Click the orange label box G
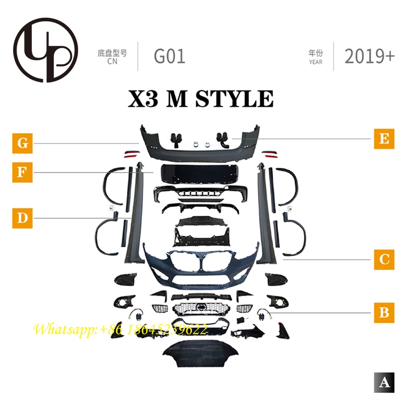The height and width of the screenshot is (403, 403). point(22,143)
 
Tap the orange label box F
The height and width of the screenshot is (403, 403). point(22,172)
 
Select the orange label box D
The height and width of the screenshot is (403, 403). point(22,218)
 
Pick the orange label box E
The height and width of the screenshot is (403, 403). point(384,138)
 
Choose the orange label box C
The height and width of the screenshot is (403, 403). point(384,259)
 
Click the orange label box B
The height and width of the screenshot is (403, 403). point(384,312)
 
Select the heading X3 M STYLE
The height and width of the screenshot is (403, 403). point(201,98)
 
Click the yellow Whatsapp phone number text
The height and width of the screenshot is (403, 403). point(121,330)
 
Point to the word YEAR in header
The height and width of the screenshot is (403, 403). point(316,62)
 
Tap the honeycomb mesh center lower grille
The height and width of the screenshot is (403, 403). point(201,308)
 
